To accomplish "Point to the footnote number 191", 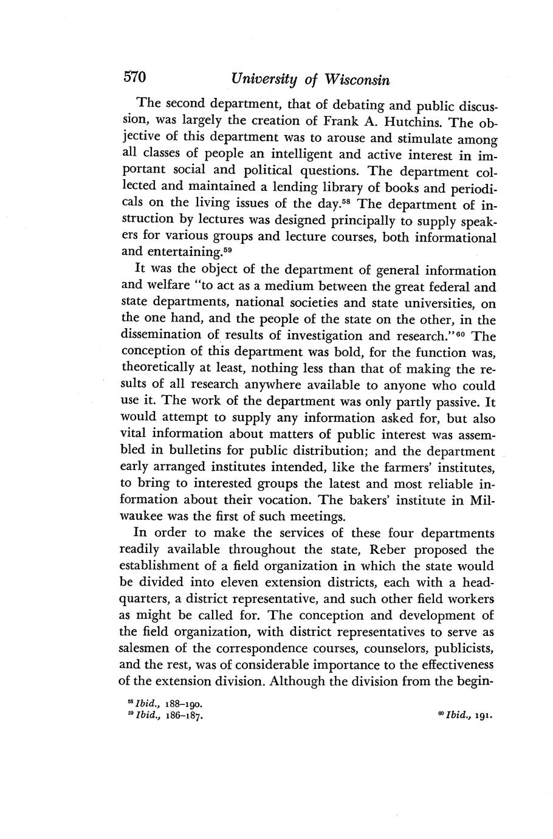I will tap(482, 716).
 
